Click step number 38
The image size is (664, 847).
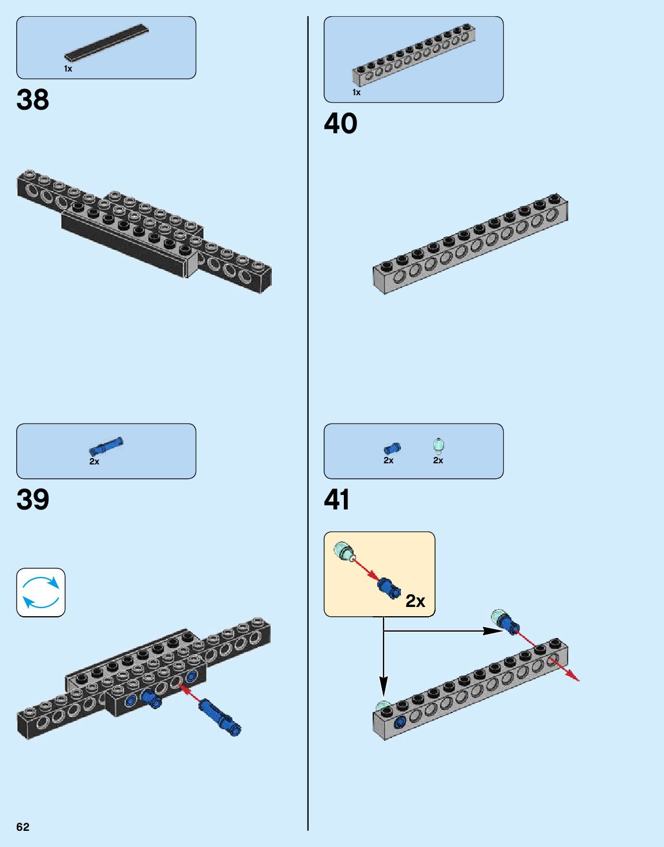click(33, 100)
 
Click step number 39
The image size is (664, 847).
click(33, 500)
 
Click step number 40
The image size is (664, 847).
click(340, 123)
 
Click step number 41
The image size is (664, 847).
click(337, 500)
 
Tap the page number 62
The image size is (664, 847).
click(22, 827)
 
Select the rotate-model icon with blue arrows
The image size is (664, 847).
click(41, 593)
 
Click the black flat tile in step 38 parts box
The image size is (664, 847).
click(106, 43)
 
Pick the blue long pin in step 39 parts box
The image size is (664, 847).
click(106, 445)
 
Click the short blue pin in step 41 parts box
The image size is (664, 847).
click(392, 448)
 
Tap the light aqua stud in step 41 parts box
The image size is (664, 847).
click(439, 445)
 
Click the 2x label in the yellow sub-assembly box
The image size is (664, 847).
click(415, 601)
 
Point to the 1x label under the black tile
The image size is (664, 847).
click(68, 69)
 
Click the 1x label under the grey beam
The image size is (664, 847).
click(357, 92)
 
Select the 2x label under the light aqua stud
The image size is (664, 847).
click(438, 460)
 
